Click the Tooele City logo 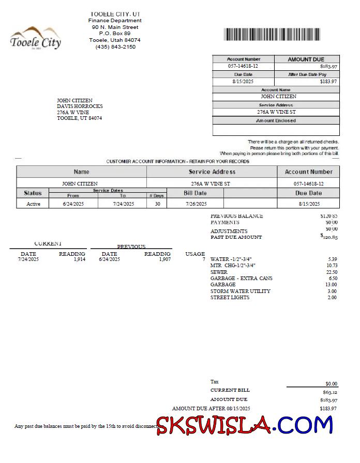[x=36, y=38]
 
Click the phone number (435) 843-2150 [x=115, y=47]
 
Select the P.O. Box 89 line [x=115, y=33]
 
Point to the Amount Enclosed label [x=276, y=120]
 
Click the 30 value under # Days [x=157, y=204]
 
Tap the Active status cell [x=33, y=204]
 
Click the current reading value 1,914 [x=79, y=259]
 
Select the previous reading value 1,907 [x=164, y=259]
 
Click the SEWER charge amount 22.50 [x=332, y=272]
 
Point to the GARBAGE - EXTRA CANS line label [x=241, y=278]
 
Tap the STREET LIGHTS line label [x=230, y=298]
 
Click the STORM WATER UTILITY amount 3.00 [x=332, y=291]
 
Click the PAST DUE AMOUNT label [x=236, y=237]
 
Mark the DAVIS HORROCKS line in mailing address [x=80, y=106]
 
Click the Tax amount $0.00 [x=331, y=383]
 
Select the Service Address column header [x=212, y=172]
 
